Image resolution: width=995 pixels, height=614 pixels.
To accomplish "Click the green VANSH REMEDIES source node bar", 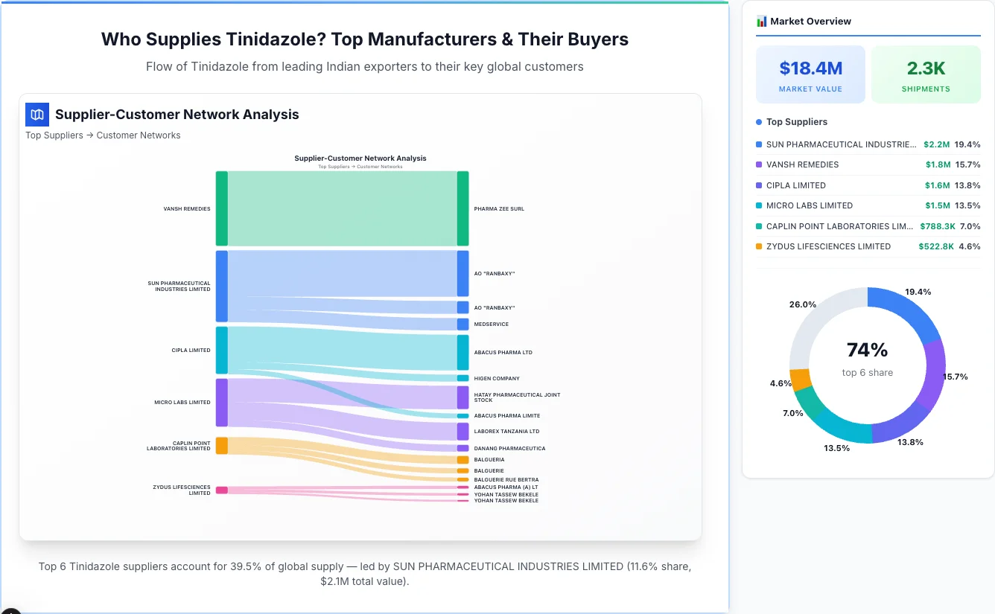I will point(221,208).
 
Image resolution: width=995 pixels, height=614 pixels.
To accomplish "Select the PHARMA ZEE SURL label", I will point(499,209).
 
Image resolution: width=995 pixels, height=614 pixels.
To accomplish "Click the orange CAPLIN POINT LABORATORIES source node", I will point(221,445).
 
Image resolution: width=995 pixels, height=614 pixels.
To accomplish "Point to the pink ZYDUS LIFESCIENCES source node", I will point(221,490).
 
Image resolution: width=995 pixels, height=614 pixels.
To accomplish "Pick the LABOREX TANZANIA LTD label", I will point(506,432).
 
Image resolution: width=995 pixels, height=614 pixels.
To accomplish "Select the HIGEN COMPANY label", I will point(497,379).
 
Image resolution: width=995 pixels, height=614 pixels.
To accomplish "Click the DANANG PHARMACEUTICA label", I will point(509,449).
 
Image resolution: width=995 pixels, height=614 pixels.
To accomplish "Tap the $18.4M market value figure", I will point(810,68).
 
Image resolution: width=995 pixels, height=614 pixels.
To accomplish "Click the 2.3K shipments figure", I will point(926,68).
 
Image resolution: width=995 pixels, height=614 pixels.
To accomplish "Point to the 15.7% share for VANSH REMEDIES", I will point(967,164).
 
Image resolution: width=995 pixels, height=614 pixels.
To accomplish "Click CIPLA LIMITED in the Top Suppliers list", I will point(795,185).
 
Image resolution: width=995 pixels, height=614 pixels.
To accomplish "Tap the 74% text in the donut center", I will point(867,350).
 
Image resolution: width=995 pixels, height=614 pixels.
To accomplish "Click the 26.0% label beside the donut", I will point(802,304).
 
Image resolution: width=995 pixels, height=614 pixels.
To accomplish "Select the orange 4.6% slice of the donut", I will point(800,380).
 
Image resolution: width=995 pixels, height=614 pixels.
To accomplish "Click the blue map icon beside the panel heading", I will point(37,115).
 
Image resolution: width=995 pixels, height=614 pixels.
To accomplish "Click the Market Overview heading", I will point(810,22).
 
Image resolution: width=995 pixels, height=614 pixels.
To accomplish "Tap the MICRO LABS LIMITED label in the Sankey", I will point(182,403).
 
